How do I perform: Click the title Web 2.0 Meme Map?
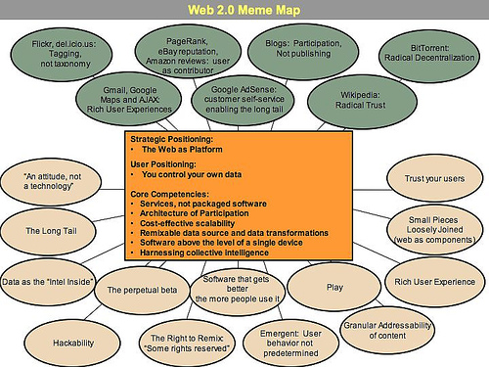[x=244, y=11]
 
